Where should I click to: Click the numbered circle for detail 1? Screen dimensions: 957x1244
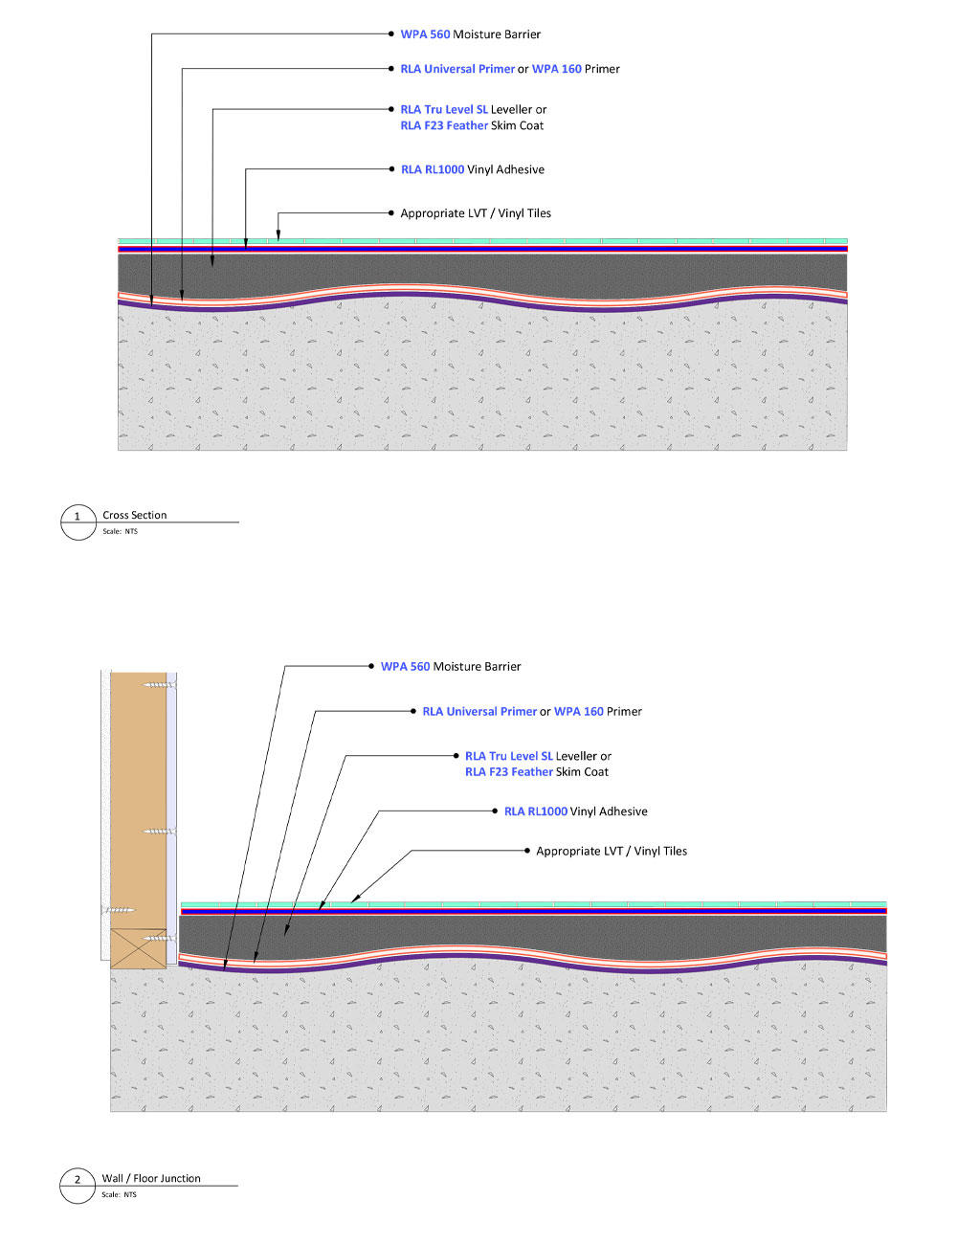78,522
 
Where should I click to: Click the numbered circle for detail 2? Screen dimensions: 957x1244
78,1185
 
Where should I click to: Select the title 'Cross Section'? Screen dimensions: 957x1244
135,515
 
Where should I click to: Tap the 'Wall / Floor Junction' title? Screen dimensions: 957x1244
151,1178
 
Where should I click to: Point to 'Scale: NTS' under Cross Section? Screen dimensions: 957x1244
120,531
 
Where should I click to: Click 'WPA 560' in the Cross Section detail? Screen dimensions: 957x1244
425,34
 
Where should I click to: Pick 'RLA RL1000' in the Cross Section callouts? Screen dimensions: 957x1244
433,169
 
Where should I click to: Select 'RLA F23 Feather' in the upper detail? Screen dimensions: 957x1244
444,125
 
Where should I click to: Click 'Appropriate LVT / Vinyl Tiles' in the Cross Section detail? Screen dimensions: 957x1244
475,213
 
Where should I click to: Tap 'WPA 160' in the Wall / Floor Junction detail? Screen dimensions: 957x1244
578,711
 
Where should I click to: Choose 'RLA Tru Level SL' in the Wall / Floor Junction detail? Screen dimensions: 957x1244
508,756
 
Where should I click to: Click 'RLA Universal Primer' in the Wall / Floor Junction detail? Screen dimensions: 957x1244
479,712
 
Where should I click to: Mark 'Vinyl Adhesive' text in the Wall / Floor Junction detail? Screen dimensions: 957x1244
609,811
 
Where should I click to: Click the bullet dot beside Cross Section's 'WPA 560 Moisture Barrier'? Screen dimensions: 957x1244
390,34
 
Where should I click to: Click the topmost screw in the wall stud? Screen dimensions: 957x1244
159,685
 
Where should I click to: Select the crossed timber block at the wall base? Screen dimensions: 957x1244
138,948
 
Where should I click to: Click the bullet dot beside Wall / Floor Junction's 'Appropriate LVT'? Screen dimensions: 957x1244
526,851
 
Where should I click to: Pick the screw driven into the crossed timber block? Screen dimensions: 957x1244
159,938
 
